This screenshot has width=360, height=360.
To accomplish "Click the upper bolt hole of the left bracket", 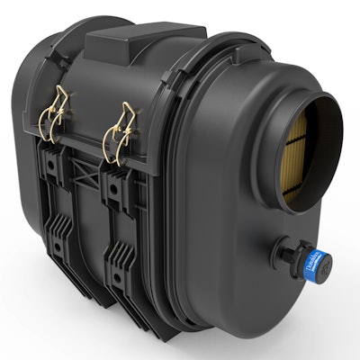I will point(55,165).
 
